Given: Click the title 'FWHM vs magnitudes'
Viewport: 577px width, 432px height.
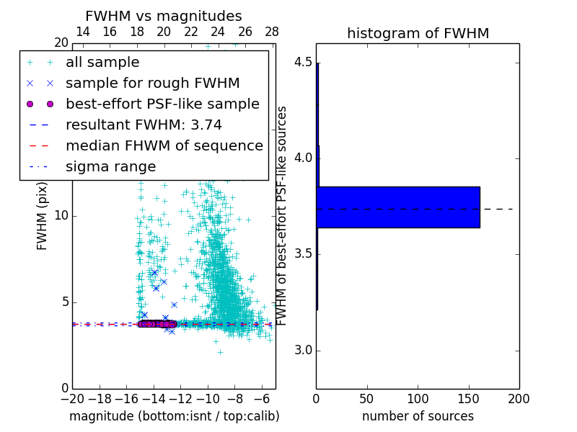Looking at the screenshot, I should click(x=164, y=16).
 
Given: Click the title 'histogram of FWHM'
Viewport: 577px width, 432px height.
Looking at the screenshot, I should click(x=418, y=33).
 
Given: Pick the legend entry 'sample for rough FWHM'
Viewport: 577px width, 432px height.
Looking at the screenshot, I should click(x=152, y=84).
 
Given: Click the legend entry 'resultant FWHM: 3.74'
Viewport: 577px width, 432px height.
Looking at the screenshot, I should click(x=144, y=125).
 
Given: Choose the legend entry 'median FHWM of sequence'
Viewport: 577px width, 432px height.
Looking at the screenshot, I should click(x=164, y=146).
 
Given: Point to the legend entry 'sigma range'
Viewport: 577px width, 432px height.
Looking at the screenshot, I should click(x=110, y=167).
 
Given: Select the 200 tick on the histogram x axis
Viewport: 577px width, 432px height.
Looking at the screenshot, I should click(x=519, y=399).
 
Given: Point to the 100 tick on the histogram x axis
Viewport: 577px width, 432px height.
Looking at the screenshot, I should click(x=418, y=399).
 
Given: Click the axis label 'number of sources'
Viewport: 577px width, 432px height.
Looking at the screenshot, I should click(x=418, y=416).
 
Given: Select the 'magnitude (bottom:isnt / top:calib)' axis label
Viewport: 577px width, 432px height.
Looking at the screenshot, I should click(x=174, y=416).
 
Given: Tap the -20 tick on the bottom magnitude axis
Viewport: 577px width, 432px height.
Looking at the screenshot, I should click(x=72, y=399).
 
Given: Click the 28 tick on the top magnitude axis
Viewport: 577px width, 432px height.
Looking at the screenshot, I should click(x=272, y=32).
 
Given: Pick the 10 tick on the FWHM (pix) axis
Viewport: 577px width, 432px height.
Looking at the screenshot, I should click(x=61, y=215).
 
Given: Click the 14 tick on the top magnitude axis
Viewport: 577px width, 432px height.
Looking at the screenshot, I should click(x=83, y=32).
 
